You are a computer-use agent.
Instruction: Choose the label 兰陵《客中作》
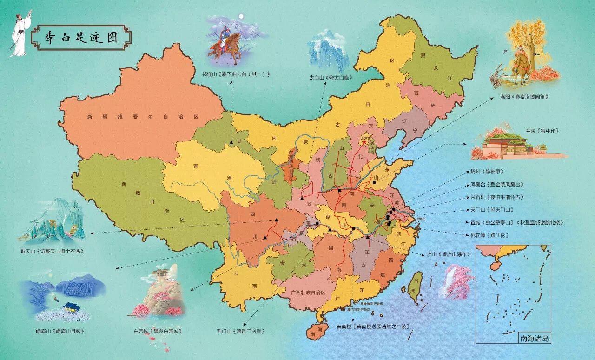pos(533,131)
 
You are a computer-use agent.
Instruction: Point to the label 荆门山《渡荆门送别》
pos(240,331)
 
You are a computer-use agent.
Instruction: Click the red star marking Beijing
pos(364,143)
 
